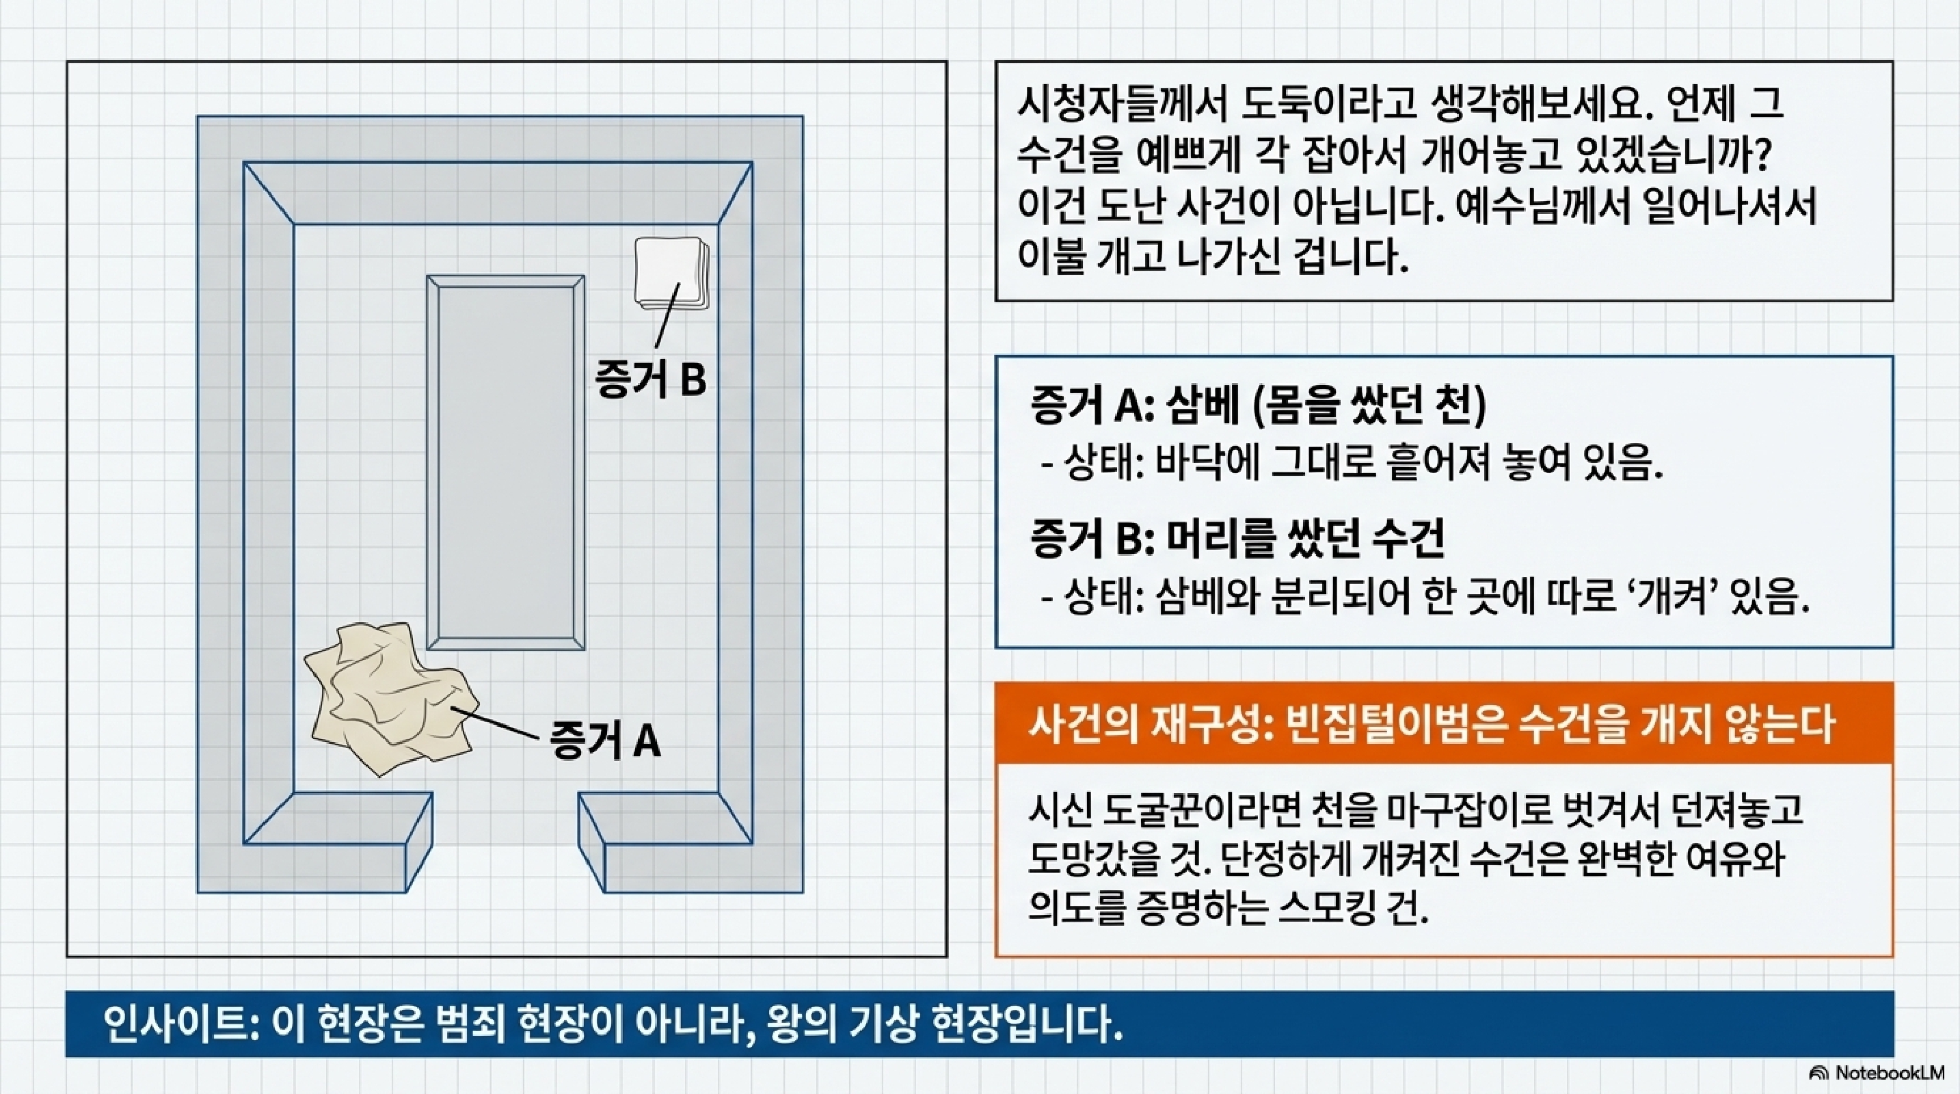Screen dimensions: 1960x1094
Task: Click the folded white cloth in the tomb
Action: click(669, 272)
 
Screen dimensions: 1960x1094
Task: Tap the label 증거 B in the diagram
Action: click(651, 379)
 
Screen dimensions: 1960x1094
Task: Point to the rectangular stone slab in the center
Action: click(506, 462)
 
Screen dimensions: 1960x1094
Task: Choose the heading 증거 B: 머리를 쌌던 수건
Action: click(1237, 538)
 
